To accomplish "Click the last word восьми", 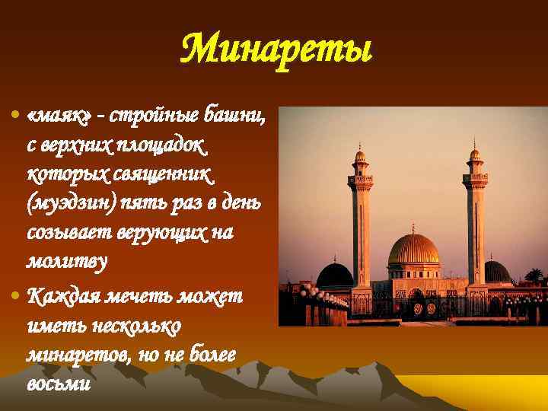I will pos(58,382).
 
